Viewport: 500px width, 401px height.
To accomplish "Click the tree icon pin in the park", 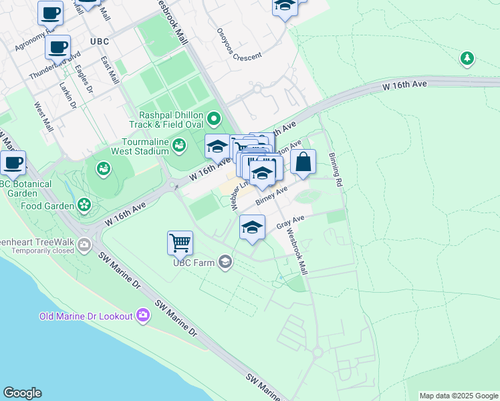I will [467, 59].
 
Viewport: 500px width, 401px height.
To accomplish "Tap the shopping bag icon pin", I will [303, 162].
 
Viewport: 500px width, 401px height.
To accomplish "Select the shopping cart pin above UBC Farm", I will [180, 243].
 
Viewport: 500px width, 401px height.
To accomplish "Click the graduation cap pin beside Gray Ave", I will [251, 227].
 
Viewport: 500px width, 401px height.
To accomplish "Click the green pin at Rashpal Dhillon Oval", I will [214, 120].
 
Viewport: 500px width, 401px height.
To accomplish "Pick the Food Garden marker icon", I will [84, 204].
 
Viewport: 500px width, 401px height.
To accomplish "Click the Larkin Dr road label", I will [68, 96].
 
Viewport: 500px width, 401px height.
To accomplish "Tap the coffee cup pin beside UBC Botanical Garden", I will [13, 162].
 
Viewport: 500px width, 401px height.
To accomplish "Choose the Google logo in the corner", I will [22, 393].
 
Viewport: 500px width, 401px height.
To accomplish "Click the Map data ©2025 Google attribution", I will [459, 396].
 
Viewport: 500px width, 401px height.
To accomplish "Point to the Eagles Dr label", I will [85, 76].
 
